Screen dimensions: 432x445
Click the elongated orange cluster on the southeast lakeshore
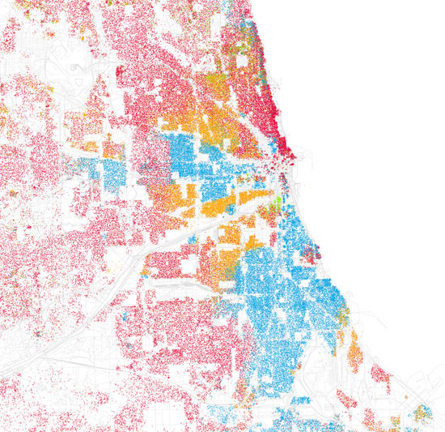(x=354, y=347)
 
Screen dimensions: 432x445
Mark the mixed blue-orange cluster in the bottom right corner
(x=422, y=413)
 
